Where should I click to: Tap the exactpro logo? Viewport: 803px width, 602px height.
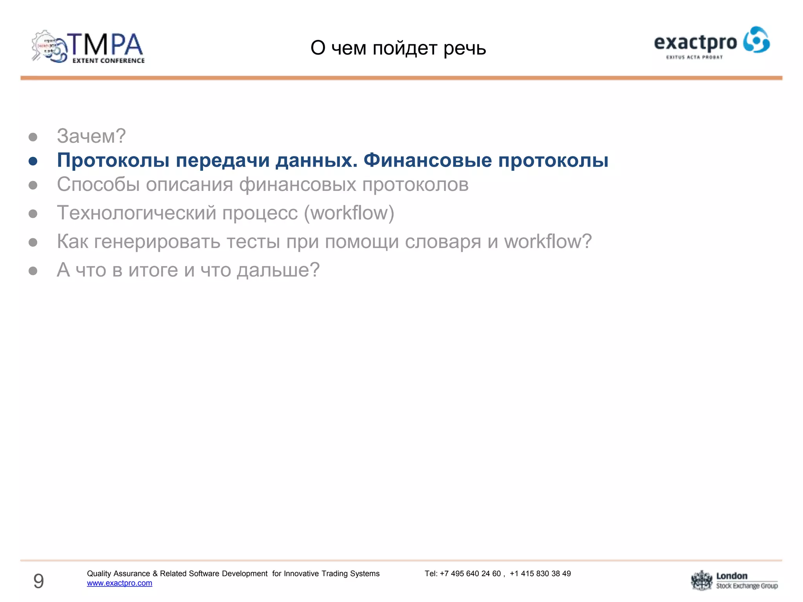pyautogui.click(x=711, y=43)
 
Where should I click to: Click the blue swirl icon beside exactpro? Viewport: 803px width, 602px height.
pyautogui.click(x=756, y=40)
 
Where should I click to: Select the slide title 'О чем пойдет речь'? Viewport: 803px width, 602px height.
pyautogui.click(x=398, y=48)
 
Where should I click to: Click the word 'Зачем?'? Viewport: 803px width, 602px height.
pyautogui.click(x=91, y=136)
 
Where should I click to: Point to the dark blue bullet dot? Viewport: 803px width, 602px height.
pyautogui.click(x=33, y=161)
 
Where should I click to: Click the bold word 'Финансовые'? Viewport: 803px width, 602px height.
pyautogui.click(x=427, y=160)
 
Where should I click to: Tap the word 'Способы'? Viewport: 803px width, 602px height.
pyautogui.click(x=98, y=185)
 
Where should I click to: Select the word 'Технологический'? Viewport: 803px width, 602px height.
pyautogui.click(x=136, y=213)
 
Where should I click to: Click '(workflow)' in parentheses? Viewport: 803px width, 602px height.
pyautogui.click(x=349, y=213)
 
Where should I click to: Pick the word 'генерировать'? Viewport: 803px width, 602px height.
pyautogui.click(x=157, y=241)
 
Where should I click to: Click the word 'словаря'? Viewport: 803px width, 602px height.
pyautogui.click(x=443, y=241)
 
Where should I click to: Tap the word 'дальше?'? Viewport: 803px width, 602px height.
pyautogui.click(x=278, y=270)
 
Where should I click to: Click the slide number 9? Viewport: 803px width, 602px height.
pyautogui.click(x=38, y=581)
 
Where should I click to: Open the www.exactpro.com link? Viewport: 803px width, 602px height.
pyautogui.click(x=120, y=583)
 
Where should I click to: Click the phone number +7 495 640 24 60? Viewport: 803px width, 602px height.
pyautogui.click(x=470, y=573)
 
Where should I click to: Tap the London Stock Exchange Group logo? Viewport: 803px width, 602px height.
pyautogui.click(x=734, y=580)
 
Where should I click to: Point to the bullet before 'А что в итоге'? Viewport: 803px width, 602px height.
pyautogui.click(x=33, y=271)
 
